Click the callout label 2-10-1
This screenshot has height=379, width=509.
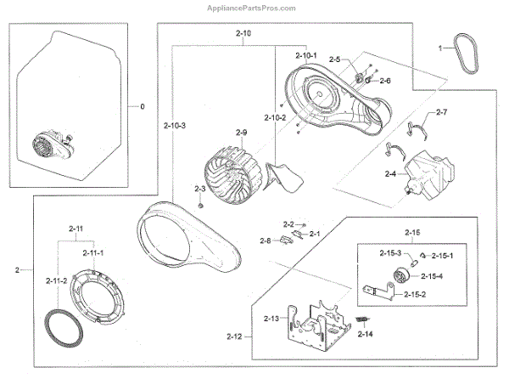tap(305, 55)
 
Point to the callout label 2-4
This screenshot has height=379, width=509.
tap(390, 175)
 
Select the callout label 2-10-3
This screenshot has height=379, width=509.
tap(175, 125)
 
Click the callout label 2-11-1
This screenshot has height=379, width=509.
tap(94, 253)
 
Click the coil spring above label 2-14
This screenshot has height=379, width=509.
tap(364, 319)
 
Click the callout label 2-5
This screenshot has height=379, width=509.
tap(333, 59)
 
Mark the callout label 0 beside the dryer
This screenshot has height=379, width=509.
tap(143, 107)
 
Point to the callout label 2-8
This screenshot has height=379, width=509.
tap(264, 240)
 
